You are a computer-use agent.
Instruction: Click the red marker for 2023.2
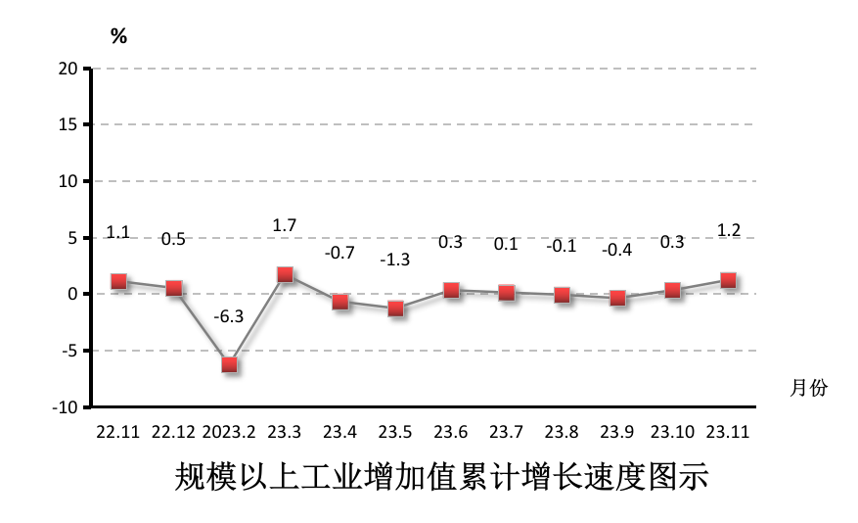(x=230, y=364)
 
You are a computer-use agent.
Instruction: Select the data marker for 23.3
(x=285, y=274)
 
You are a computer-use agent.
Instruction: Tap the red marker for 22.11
(x=118, y=281)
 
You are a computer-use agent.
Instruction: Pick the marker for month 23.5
(x=395, y=309)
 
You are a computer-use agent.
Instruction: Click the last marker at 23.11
(x=728, y=280)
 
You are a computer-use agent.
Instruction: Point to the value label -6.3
(x=229, y=316)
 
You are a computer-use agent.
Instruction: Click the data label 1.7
(x=285, y=225)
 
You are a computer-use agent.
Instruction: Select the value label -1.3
(x=395, y=260)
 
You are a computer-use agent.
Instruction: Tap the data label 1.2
(x=729, y=231)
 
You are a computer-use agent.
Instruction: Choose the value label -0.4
(x=617, y=250)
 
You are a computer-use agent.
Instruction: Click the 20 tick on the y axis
(x=68, y=69)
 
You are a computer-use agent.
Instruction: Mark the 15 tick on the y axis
(x=68, y=124)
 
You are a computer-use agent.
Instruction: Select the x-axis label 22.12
(x=173, y=432)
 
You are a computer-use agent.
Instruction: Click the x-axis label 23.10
(x=672, y=432)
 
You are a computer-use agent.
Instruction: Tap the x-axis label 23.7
(x=506, y=432)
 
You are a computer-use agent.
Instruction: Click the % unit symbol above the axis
(x=118, y=37)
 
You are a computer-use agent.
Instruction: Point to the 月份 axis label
(x=808, y=388)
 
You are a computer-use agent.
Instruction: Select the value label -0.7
(x=339, y=253)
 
